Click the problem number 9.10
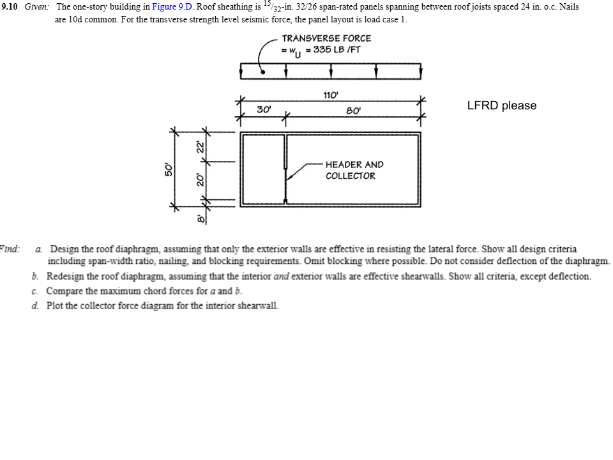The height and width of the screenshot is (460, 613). pyautogui.click(x=12, y=7)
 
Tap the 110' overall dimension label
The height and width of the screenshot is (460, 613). pyautogui.click(x=330, y=96)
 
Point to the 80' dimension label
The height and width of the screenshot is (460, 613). pyautogui.click(x=353, y=111)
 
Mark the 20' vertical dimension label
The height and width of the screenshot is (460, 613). pyautogui.click(x=200, y=180)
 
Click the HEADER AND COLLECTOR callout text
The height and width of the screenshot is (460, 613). pyautogui.click(x=354, y=170)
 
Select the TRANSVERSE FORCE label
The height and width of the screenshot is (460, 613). pyautogui.click(x=326, y=38)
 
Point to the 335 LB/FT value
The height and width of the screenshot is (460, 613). pyautogui.click(x=333, y=50)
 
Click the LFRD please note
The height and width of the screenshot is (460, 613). pyautogui.click(x=502, y=105)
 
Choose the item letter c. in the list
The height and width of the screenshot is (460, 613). pyautogui.click(x=37, y=291)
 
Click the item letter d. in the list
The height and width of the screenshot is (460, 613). pyautogui.click(x=37, y=305)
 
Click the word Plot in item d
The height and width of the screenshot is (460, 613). pyautogui.click(x=56, y=305)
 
